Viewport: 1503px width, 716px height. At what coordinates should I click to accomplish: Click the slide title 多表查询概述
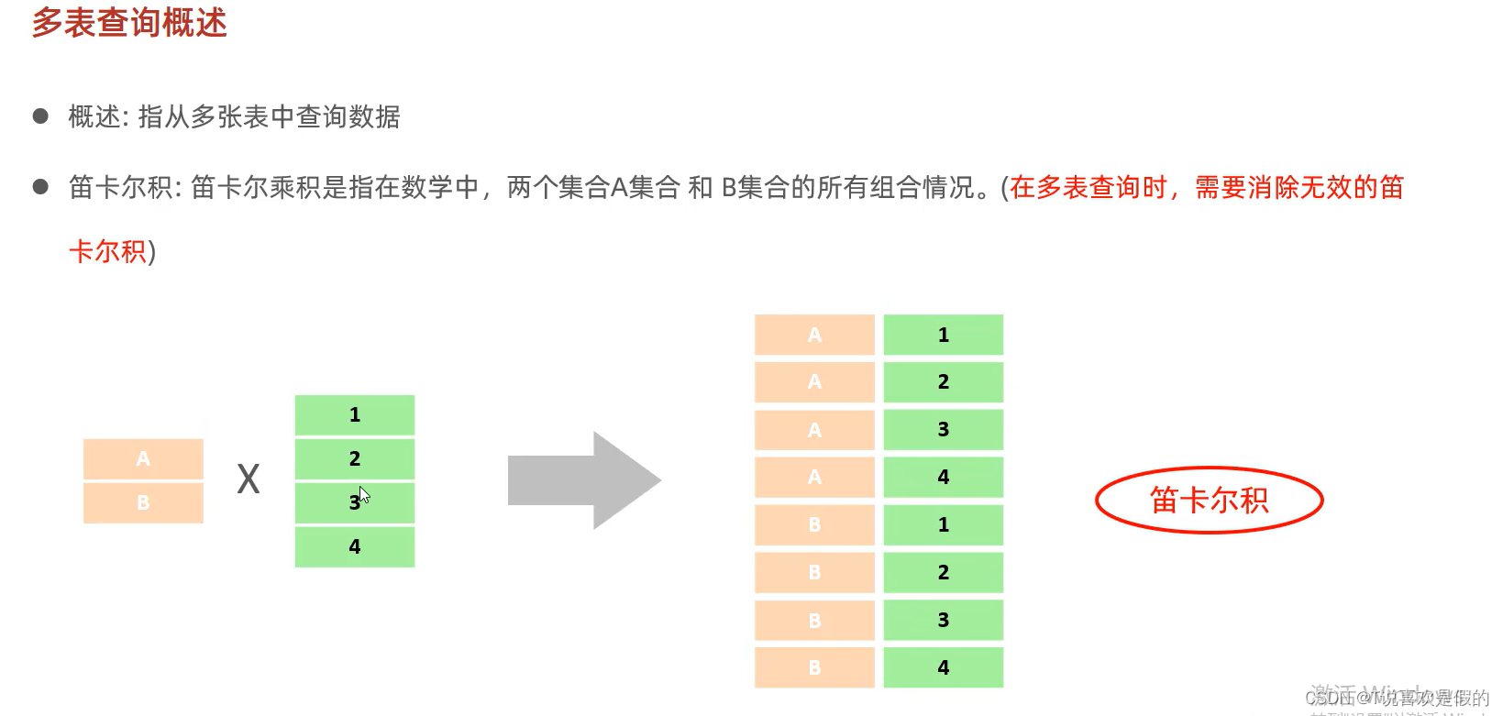pyautogui.click(x=129, y=23)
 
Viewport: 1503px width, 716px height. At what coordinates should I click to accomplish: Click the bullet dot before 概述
pyautogui.click(x=40, y=116)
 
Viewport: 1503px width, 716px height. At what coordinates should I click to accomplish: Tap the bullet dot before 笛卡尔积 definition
pyautogui.click(x=40, y=187)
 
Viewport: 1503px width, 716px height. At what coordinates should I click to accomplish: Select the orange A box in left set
pyautogui.click(x=143, y=458)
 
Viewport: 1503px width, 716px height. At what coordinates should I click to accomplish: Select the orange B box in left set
pyautogui.click(x=143, y=502)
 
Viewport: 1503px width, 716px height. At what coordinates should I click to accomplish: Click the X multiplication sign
pyautogui.click(x=249, y=479)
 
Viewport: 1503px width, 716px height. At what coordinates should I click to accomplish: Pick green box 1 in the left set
pyautogui.click(x=355, y=415)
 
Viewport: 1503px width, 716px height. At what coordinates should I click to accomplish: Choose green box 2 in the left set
pyautogui.click(x=355, y=458)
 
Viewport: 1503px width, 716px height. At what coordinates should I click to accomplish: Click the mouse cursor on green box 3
pyautogui.click(x=364, y=495)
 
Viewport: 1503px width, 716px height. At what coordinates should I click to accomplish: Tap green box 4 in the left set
pyautogui.click(x=355, y=546)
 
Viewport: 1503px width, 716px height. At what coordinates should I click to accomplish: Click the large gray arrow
pyautogui.click(x=584, y=480)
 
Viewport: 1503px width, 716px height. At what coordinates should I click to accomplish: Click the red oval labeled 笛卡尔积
pyautogui.click(x=1209, y=501)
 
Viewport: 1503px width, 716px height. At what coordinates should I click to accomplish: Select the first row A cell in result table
pyautogui.click(x=814, y=335)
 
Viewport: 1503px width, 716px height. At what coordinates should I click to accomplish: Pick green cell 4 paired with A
pyautogui.click(x=944, y=477)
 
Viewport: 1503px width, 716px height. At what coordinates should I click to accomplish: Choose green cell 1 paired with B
pyautogui.click(x=944, y=524)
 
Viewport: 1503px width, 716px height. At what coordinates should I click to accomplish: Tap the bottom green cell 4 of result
pyautogui.click(x=944, y=667)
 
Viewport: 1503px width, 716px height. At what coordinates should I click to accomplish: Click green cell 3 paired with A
pyautogui.click(x=944, y=430)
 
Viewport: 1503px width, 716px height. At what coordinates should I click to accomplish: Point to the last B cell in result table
pyautogui.click(x=814, y=667)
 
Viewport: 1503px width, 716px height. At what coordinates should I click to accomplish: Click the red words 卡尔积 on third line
pyautogui.click(x=107, y=251)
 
